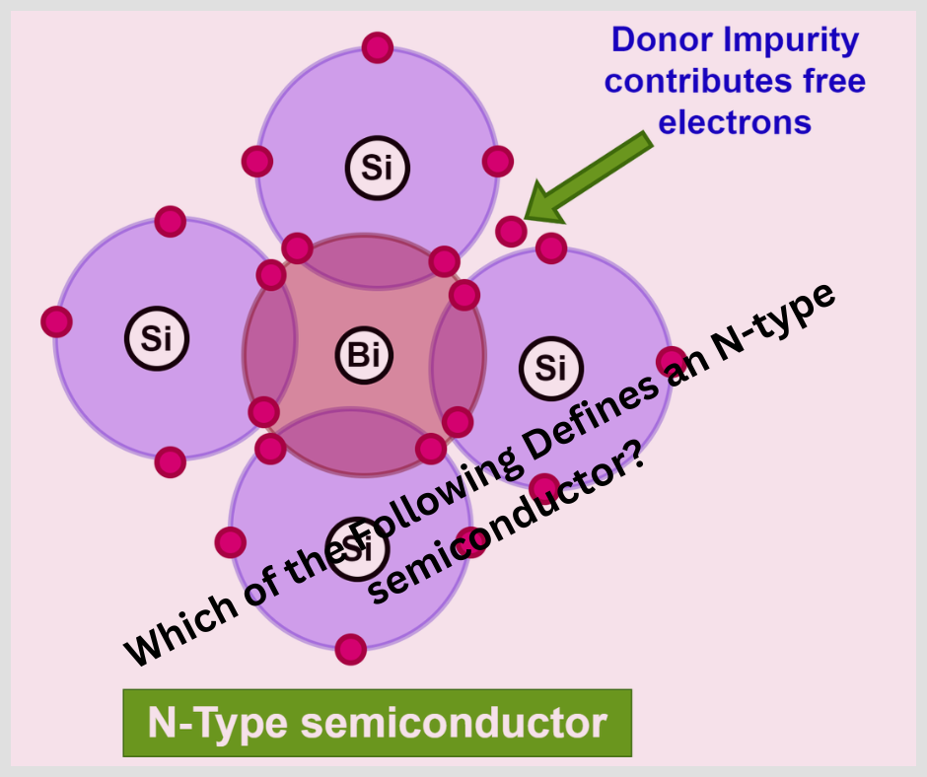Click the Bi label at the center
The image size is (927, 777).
click(364, 354)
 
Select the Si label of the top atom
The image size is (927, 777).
click(377, 168)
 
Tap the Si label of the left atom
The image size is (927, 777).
click(156, 338)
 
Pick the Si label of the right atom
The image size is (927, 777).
click(550, 368)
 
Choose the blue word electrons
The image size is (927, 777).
click(735, 122)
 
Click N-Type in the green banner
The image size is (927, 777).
click(218, 723)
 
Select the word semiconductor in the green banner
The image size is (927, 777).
click(454, 723)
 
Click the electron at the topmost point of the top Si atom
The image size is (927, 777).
click(377, 46)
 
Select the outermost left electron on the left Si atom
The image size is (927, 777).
click(56, 321)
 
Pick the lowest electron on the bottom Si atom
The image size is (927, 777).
click(350, 649)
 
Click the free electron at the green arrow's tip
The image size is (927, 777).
click(511, 232)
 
